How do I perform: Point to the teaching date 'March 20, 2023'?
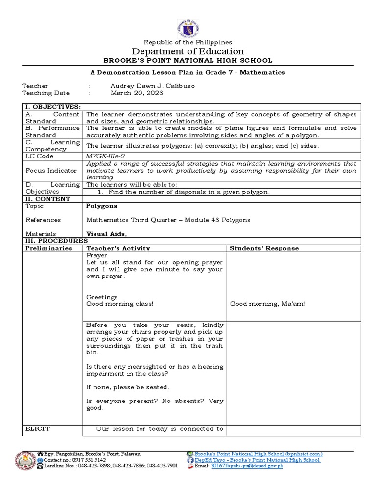(137, 93)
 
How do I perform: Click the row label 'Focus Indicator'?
(51, 171)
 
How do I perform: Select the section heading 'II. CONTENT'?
(46, 199)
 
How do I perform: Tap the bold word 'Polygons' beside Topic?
(101, 206)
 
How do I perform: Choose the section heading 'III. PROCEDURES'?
(56, 241)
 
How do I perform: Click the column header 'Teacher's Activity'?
(118, 248)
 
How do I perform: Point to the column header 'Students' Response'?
(264, 248)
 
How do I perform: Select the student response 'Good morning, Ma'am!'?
(267, 304)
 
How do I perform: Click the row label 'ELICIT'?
(37, 429)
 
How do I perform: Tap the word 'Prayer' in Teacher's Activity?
(96, 255)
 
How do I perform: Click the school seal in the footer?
(24, 461)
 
